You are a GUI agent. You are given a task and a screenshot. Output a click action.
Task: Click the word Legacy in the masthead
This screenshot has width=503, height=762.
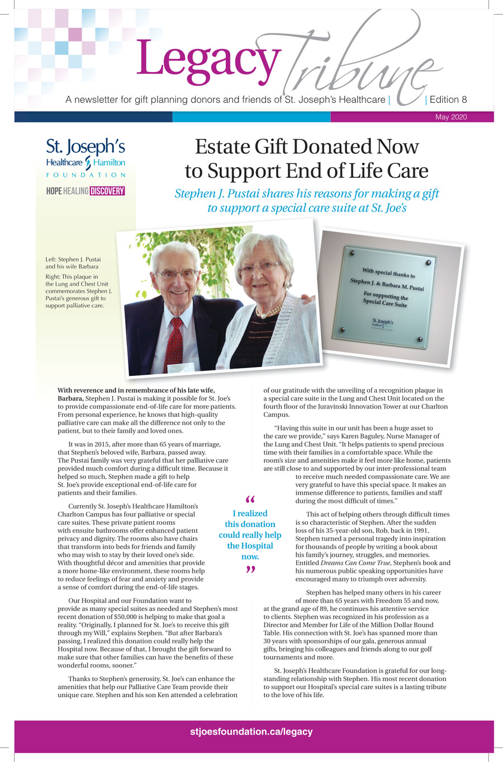tap(207, 59)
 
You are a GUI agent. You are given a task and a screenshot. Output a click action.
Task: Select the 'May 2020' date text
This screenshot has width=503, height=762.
tap(450, 117)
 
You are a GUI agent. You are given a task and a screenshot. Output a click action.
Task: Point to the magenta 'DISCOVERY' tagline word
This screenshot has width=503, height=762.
tap(107, 191)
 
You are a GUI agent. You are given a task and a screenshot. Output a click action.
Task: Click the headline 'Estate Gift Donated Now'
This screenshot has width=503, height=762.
tap(306, 147)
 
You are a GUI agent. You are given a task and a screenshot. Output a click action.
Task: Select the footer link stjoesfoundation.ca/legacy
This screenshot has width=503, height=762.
tap(251, 732)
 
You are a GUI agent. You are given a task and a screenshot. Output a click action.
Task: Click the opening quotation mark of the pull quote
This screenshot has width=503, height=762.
tap(250, 500)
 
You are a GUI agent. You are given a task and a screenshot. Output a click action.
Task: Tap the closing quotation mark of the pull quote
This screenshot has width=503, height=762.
tap(250, 570)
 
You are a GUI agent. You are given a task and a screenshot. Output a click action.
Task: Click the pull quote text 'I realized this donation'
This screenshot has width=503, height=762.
tap(250, 519)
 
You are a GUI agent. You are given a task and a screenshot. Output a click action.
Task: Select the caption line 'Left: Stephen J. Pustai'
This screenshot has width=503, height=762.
tap(73, 260)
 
